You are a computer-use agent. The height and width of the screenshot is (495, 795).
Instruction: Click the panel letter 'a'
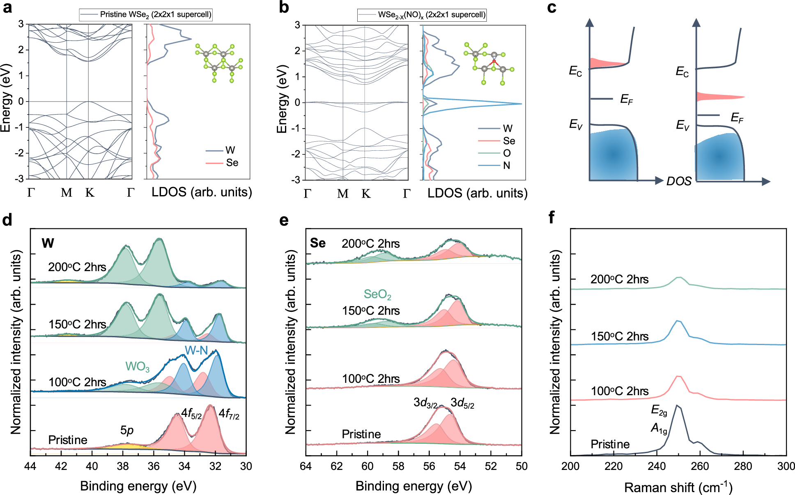7,8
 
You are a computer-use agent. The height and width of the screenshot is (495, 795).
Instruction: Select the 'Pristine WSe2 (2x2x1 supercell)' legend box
146,15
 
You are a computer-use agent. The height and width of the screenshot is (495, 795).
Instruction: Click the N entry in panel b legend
506,166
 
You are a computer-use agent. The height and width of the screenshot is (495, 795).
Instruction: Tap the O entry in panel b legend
507,153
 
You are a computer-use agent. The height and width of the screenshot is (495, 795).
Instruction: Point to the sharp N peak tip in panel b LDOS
521,104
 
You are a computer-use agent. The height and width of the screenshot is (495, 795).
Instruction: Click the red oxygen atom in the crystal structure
494,62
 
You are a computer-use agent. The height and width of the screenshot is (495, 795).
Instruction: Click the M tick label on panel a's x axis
67,193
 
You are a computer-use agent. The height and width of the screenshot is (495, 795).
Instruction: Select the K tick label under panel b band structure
366,194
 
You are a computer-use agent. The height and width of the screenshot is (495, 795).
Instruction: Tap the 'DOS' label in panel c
679,181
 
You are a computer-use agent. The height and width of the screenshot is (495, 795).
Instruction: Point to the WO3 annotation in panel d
137,366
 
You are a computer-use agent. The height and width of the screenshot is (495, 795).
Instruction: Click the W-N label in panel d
196,350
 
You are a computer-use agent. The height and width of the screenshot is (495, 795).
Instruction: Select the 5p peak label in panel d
127,430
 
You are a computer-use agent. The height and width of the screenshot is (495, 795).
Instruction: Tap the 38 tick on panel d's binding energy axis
123,466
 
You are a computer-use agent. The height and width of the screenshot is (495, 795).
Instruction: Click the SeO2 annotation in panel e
377,295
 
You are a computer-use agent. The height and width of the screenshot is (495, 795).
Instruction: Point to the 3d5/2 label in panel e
462,403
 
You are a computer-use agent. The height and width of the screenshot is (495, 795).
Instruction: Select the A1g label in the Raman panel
659,429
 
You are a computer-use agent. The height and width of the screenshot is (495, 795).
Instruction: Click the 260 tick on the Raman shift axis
700,466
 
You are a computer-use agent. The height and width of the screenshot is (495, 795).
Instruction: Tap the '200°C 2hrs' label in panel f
619,279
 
